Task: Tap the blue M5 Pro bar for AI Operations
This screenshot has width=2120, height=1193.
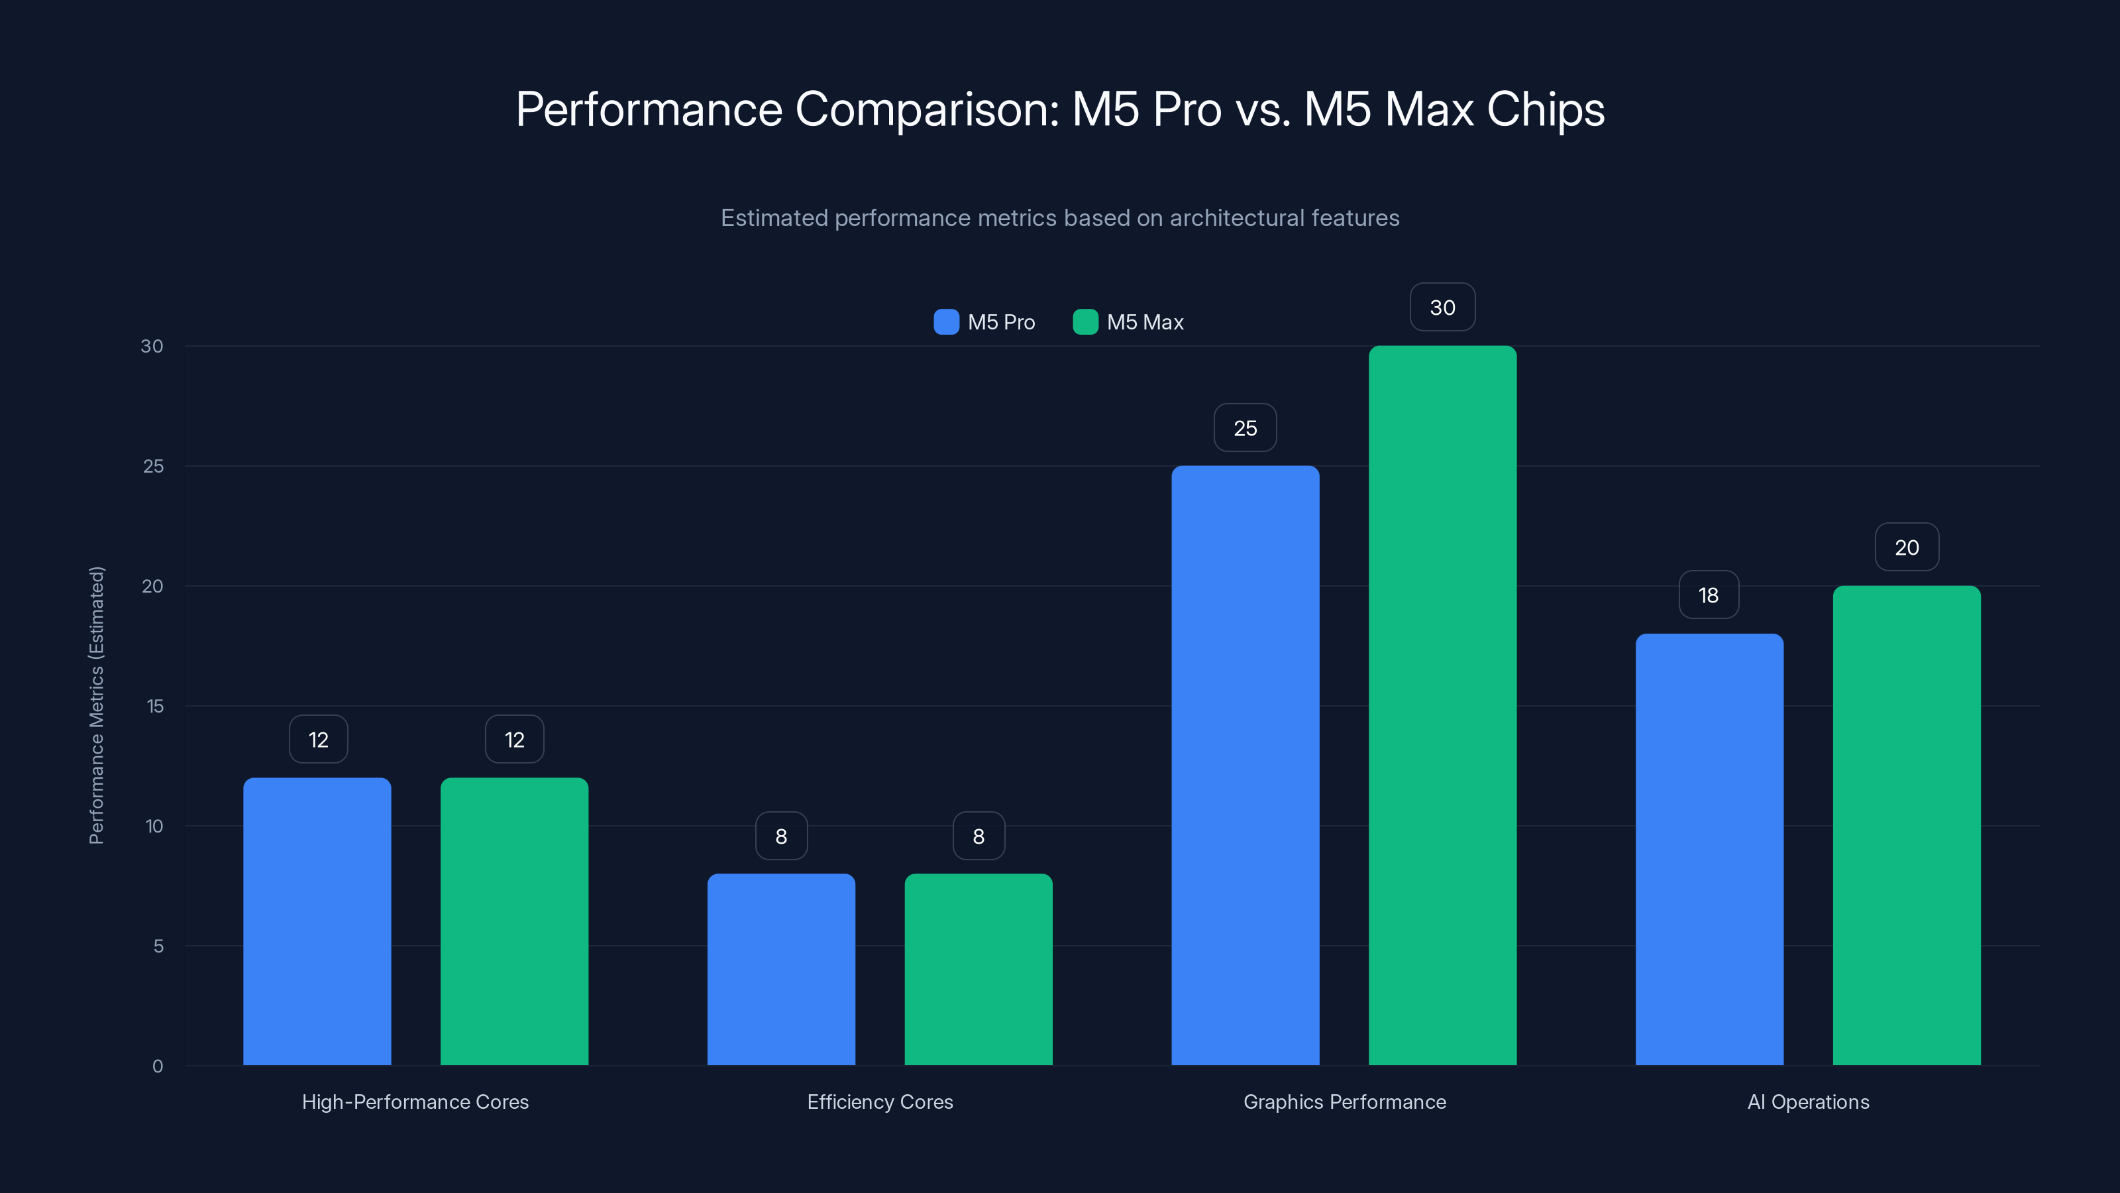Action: pos(1709,849)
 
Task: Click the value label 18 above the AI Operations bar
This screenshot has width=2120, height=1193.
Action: pos(1709,595)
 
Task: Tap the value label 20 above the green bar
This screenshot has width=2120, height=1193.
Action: pos(1906,547)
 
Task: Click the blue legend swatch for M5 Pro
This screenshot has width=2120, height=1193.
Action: pos(947,322)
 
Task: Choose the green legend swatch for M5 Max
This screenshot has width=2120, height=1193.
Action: pos(1086,322)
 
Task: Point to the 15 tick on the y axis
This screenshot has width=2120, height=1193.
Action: pos(155,706)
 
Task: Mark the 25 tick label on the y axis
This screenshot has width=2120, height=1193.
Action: pos(153,466)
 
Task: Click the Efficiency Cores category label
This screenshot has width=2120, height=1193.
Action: pos(880,1102)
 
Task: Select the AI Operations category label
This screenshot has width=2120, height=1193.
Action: pos(1808,1102)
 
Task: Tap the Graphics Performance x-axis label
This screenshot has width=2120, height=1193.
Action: pos(1344,1102)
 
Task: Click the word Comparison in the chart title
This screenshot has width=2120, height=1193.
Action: pos(927,109)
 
